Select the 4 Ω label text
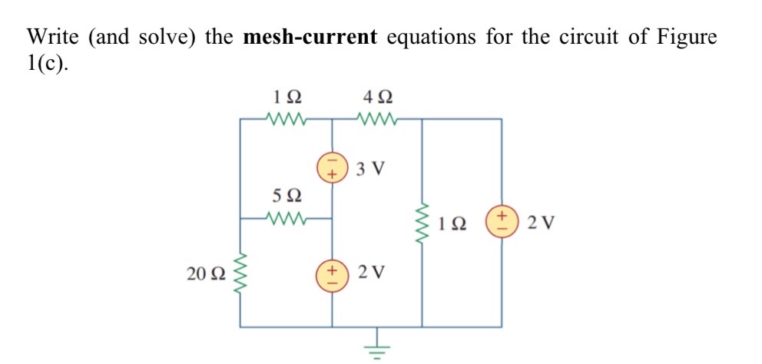pyautogui.click(x=376, y=98)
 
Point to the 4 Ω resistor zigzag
pyautogui.click(x=377, y=119)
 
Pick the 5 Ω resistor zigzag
pyautogui.click(x=287, y=218)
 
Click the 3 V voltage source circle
pyautogui.click(x=333, y=167)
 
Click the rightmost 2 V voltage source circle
pyautogui.click(x=502, y=223)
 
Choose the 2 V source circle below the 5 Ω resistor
pyautogui.click(x=333, y=274)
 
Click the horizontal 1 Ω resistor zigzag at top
pyautogui.click(x=287, y=119)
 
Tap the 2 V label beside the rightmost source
pyautogui.click(x=542, y=224)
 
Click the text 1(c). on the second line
pyautogui.click(x=48, y=65)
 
